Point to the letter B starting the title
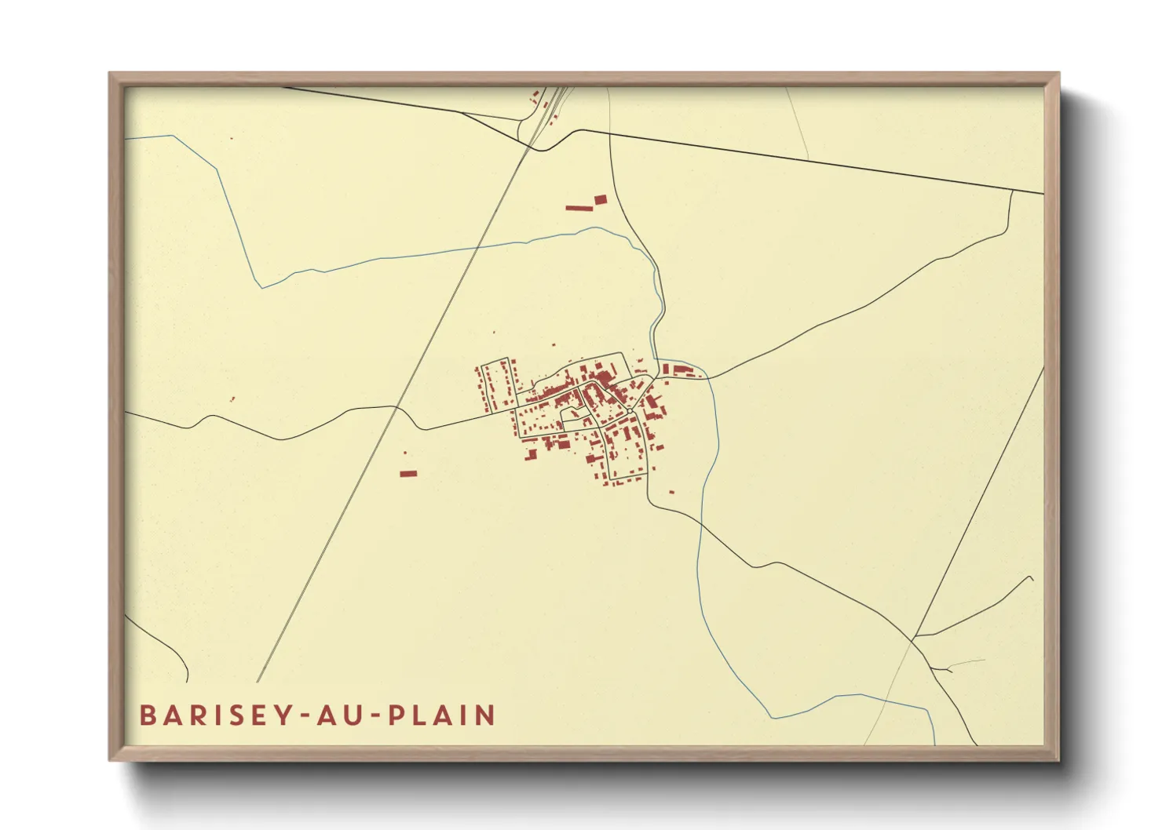pyautogui.click(x=148, y=715)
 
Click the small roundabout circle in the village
pyautogui.click(x=630, y=410)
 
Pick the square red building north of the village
pyautogui.click(x=601, y=200)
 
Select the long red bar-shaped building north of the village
pyautogui.click(x=578, y=208)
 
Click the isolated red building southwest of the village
pyautogui.click(x=407, y=473)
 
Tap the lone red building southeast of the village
pyautogui.click(x=671, y=492)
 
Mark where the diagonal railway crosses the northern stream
pyautogui.click(x=477, y=249)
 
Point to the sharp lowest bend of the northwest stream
pyautogui.click(x=261, y=287)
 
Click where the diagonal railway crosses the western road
pyautogui.click(x=396, y=406)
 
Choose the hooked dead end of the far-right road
pyautogui.click(x=1031, y=577)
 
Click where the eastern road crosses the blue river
pyautogui.click(x=709, y=379)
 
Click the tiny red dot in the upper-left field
pyautogui.click(x=232, y=139)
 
